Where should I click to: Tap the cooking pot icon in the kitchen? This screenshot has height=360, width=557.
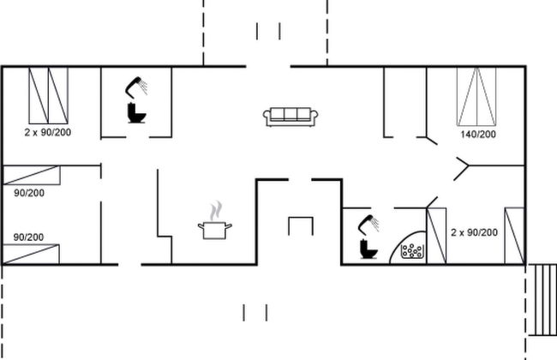[215, 228]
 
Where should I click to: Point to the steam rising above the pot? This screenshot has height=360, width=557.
[218, 209]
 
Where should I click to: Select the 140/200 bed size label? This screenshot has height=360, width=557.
[478, 135]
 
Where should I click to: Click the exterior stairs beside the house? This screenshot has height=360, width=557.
[542, 299]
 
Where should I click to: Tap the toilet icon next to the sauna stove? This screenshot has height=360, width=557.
[368, 249]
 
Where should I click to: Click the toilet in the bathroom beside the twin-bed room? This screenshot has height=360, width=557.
[135, 112]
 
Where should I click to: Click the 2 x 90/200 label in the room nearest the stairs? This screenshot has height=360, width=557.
[474, 233]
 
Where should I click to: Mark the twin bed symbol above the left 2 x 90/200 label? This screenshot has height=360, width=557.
[49, 94]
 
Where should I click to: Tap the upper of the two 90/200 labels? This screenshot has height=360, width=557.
[29, 193]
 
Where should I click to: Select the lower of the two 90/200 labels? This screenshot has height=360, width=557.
[29, 237]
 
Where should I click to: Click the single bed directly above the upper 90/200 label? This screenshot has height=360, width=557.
[32, 175]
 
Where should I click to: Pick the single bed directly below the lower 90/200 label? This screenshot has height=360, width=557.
[32, 254]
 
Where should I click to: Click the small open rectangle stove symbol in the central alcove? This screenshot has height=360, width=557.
[300, 226]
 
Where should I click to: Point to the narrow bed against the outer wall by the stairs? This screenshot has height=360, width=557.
[514, 235]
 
